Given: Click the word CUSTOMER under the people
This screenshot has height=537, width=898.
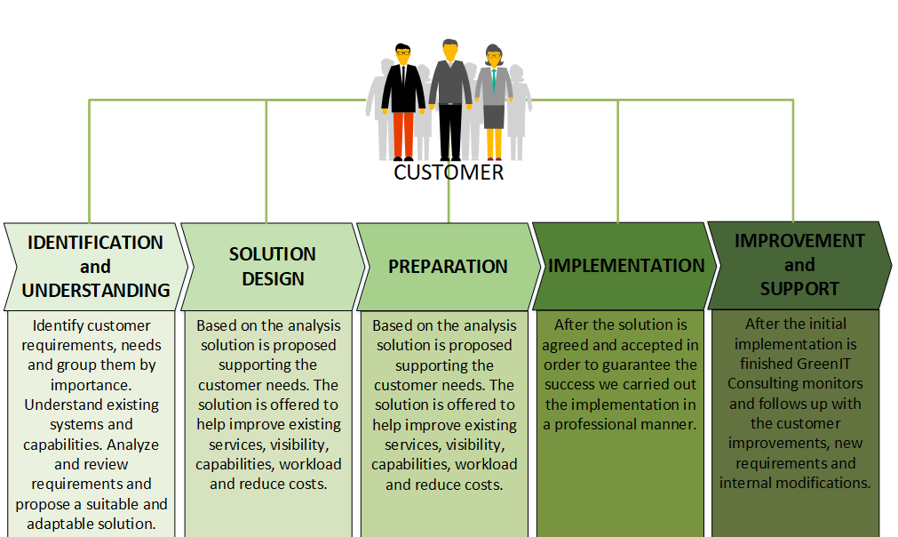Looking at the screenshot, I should (x=449, y=172).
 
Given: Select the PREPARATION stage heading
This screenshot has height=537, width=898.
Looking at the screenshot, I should (x=448, y=267).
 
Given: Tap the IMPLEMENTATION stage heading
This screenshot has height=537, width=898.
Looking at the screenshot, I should (x=626, y=266).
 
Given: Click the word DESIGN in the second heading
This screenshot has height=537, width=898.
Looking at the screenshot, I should (x=273, y=279).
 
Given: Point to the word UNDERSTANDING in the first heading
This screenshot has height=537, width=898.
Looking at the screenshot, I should (x=96, y=290).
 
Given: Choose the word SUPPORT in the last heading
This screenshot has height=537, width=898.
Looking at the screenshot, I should (x=799, y=289).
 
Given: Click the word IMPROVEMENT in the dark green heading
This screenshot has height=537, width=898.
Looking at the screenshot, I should (x=799, y=241).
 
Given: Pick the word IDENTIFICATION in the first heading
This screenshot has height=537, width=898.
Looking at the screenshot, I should (x=96, y=243).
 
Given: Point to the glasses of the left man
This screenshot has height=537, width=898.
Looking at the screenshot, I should (x=402, y=54).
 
